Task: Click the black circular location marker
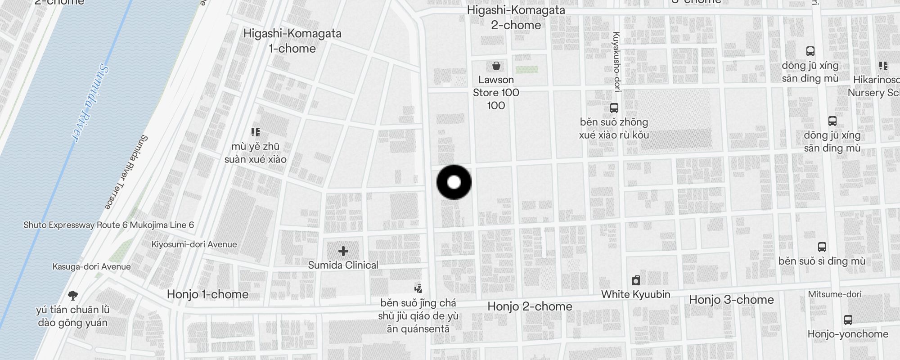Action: coord(454,182)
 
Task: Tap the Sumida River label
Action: coord(91,103)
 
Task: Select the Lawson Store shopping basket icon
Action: coord(496,66)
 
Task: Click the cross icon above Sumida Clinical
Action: coord(343,251)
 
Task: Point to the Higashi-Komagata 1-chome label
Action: coord(292,41)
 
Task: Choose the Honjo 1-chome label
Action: coord(207,294)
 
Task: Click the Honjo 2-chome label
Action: coord(530,306)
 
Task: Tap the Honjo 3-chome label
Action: coord(731,300)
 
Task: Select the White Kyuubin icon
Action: coord(635,281)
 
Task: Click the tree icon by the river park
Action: coord(73,296)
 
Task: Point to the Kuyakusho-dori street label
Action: coord(616,62)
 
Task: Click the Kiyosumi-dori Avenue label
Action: coord(194,244)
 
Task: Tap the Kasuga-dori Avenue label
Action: coord(91,266)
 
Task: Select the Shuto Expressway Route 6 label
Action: coord(108,225)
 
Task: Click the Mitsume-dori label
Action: coord(835,294)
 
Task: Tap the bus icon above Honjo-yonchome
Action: coord(848,320)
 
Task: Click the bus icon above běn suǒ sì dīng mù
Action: coord(822,247)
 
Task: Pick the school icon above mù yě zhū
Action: coord(256,132)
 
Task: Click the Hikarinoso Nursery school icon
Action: coord(883,66)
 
